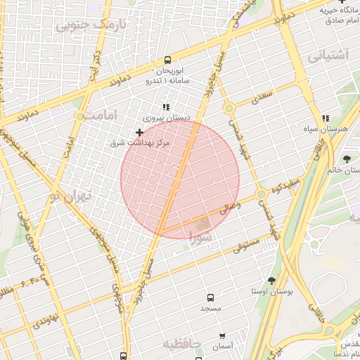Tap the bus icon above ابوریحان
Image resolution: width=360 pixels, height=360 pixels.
click(x=167, y=60)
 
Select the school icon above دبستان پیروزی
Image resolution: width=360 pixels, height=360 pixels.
click(x=166, y=108)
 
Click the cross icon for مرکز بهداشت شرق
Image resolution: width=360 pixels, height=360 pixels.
click(x=139, y=132)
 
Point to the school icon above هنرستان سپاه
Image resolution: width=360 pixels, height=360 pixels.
click(x=324, y=120)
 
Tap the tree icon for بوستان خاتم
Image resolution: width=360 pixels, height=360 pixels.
click(x=347, y=159)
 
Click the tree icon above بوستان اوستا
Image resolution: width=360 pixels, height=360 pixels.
click(x=271, y=281)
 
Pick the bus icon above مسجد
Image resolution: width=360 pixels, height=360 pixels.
click(x=210, y=298)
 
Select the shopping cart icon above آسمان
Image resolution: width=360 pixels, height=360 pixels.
click(x=223, y=337)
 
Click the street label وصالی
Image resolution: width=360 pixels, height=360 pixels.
click(x=231, y=207)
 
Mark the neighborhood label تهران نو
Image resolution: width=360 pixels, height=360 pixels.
click(x=72, y=196)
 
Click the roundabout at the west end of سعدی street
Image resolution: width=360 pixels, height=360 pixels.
click(x=229, y=108)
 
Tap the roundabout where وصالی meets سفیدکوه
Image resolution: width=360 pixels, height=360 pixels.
click(x=261, y=193)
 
